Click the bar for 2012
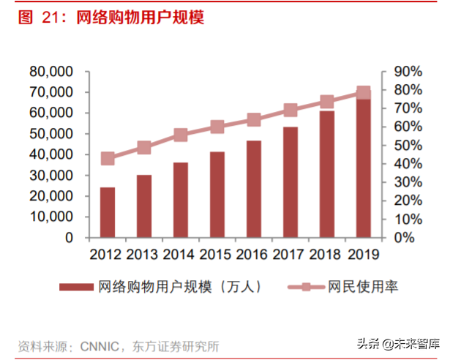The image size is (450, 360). (x=108, y=212)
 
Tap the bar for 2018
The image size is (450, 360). (x=327, y=174)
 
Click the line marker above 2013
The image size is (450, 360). (x=144, y=148)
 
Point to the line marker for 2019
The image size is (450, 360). (x=364, y=93)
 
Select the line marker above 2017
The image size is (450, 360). (x=290, y=110)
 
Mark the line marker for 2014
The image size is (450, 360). (x=181, y=135)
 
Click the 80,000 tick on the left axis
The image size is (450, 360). (x=51, y=72)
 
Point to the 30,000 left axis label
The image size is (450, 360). (x=51, y=176)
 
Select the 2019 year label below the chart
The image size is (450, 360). (x=364, y=255)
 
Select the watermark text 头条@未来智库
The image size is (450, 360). (x=399, y=343)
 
